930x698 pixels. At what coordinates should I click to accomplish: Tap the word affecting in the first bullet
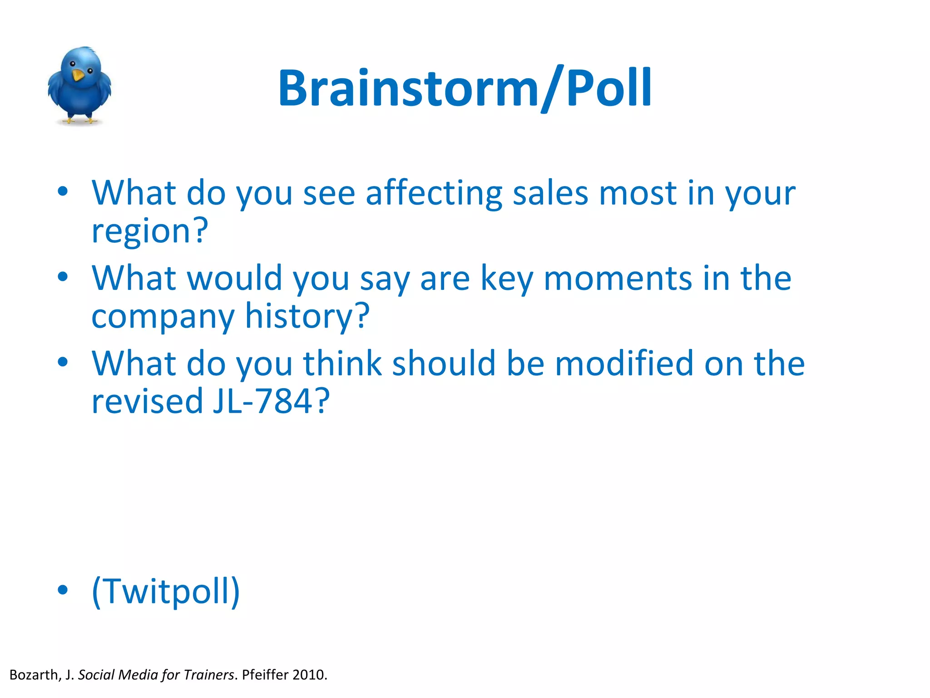[434, 193]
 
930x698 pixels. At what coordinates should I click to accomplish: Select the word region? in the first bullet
[150, 231]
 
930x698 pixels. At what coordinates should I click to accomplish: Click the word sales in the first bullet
[550, 193]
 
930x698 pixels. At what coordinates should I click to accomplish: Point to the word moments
[618, 278]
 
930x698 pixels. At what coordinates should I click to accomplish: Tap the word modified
[624, 364]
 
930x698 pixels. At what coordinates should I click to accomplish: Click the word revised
[147, 401]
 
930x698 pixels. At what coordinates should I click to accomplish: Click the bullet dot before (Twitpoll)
[63, 590]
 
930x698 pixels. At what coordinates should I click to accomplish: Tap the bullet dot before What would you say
[63, 276]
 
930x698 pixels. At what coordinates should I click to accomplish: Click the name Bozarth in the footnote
[35, 675]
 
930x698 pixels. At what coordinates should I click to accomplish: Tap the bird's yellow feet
[80, 120]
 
